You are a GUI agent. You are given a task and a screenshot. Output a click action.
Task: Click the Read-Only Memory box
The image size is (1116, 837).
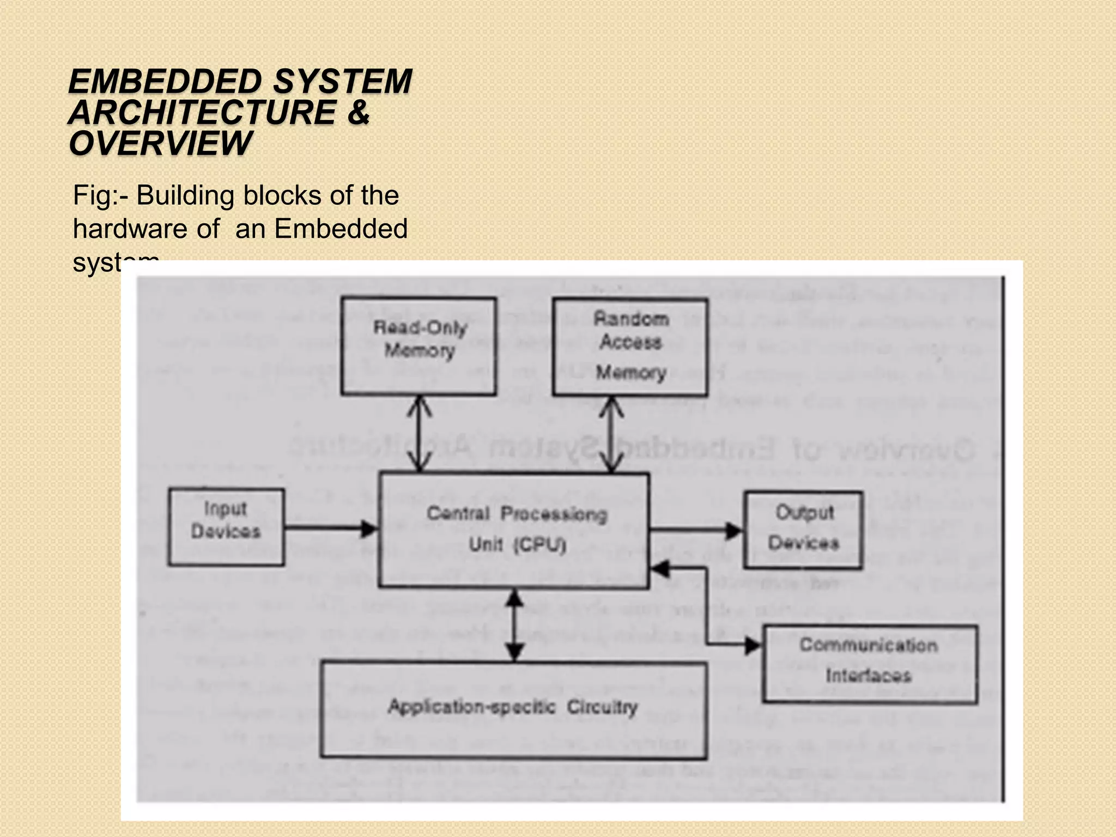[x=418, y=346]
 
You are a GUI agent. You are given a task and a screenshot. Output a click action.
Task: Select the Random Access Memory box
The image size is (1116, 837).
[x=630, y=347]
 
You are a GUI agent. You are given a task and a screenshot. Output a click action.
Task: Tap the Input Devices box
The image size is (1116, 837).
[x=226, y=526]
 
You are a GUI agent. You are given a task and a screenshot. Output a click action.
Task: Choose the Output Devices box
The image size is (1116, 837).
[x=803, y=530]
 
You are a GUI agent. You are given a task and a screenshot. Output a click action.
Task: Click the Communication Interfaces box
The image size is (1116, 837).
[x=870, y=664]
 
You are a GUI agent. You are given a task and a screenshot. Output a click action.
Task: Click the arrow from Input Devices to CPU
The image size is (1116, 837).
[x=330, y=528]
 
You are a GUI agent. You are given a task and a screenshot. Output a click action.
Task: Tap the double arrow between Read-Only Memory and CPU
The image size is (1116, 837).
[x=420, y=434]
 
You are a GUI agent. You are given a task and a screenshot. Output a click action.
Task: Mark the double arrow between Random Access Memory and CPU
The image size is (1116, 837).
[x=611, y=434]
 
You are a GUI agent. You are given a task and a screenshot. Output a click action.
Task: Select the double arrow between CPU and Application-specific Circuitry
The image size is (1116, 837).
[x=515, y=625]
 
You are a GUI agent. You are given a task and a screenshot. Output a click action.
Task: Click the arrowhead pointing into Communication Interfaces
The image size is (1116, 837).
[x=753, y=646]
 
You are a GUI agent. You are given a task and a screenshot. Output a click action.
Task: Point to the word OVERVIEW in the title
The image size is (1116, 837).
[x=160, y=143]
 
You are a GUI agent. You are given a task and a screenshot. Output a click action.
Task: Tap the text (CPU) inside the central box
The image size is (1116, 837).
[x=540, y=544]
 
